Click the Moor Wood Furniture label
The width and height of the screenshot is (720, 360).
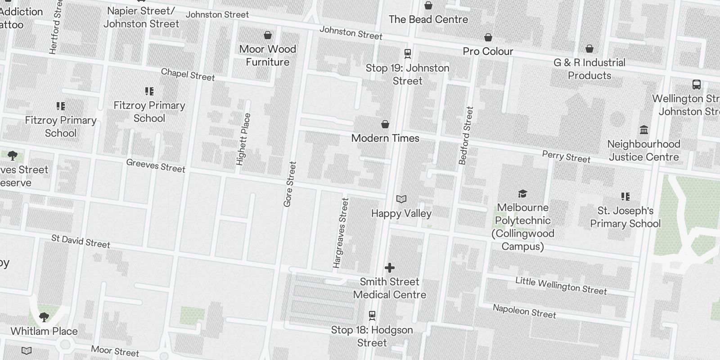pos(267,55)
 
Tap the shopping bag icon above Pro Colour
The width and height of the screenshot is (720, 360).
pos(488,37)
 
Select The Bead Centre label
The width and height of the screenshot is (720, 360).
pos(428,19)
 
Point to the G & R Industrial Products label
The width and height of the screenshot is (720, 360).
pos(589,69)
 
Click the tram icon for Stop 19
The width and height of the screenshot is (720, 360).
pos(408,54)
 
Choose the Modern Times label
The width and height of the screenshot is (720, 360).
pos(385,138)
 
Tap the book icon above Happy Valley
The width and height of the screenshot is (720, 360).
pos(401,199)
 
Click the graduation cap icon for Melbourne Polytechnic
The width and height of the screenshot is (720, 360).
pos(522,193)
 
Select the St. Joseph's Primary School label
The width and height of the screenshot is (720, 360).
pos(625,217)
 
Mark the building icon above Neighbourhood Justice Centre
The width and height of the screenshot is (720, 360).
pos(644,130)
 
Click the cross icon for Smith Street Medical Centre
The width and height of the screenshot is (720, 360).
pos(390,268)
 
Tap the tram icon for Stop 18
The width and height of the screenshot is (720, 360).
pos(372,315)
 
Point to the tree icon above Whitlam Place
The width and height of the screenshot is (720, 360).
pos(44,317)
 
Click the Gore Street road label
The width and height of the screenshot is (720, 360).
pos(290,184)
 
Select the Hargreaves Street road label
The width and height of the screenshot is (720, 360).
pos(341,233)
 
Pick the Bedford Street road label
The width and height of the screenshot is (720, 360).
pos(466,135)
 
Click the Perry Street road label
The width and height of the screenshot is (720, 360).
pos(566,157)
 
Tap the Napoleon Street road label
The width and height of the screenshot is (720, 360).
pos(524,311)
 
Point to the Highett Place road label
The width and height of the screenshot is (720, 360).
pos(243,139)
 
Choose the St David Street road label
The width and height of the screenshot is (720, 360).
pos(81,241)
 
